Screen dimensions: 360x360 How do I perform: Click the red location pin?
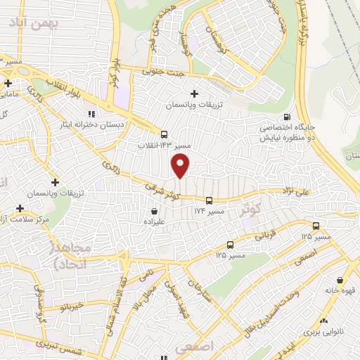pyautogui.click(x=181, y=166)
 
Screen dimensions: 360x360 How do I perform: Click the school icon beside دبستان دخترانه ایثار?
pyautogui.click(x=90, y=114)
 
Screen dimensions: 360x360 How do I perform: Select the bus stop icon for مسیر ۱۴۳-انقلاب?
pyautogui.click(x=164, y=134)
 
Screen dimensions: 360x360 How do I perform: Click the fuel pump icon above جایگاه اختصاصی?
pyautogui.click(x=285, y=117)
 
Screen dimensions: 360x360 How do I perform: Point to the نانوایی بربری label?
pyautogui.click(x=326, y=330)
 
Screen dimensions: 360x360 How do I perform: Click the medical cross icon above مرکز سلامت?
pyautogui.click(x=20, y=209)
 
